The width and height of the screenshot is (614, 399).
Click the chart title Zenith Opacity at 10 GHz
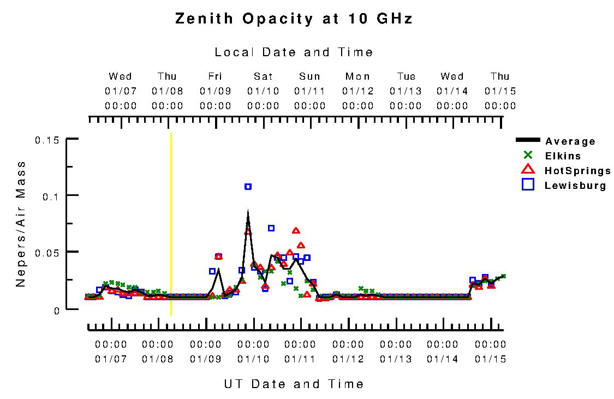(x=294, y=19)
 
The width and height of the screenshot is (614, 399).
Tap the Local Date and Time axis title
(x=294, y=52)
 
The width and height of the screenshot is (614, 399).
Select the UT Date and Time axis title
(x=294, y=384)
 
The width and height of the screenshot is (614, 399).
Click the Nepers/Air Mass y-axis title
(x=21, y=224)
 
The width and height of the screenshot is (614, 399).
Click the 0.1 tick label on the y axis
(x=50, y=195)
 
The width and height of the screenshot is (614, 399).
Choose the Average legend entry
(x=570, y=141)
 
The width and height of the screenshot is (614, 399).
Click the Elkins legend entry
(x=563, y=156)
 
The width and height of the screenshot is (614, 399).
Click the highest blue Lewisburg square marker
(x=248, y=187)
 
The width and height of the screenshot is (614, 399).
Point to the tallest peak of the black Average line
(x=248, y=211)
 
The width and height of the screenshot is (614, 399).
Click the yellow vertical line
(x=171, y=224)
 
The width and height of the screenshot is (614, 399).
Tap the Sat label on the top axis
(x=263, y=76)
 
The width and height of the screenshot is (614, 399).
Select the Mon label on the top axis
(x=358, y=76)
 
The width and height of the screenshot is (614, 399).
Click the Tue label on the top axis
(x=406, y=76)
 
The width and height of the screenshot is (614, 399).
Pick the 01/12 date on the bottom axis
(x=348, y=359)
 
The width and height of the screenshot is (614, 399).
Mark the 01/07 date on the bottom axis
(x=111, y=359)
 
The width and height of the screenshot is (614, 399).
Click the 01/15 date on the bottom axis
(x=490, y=359)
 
